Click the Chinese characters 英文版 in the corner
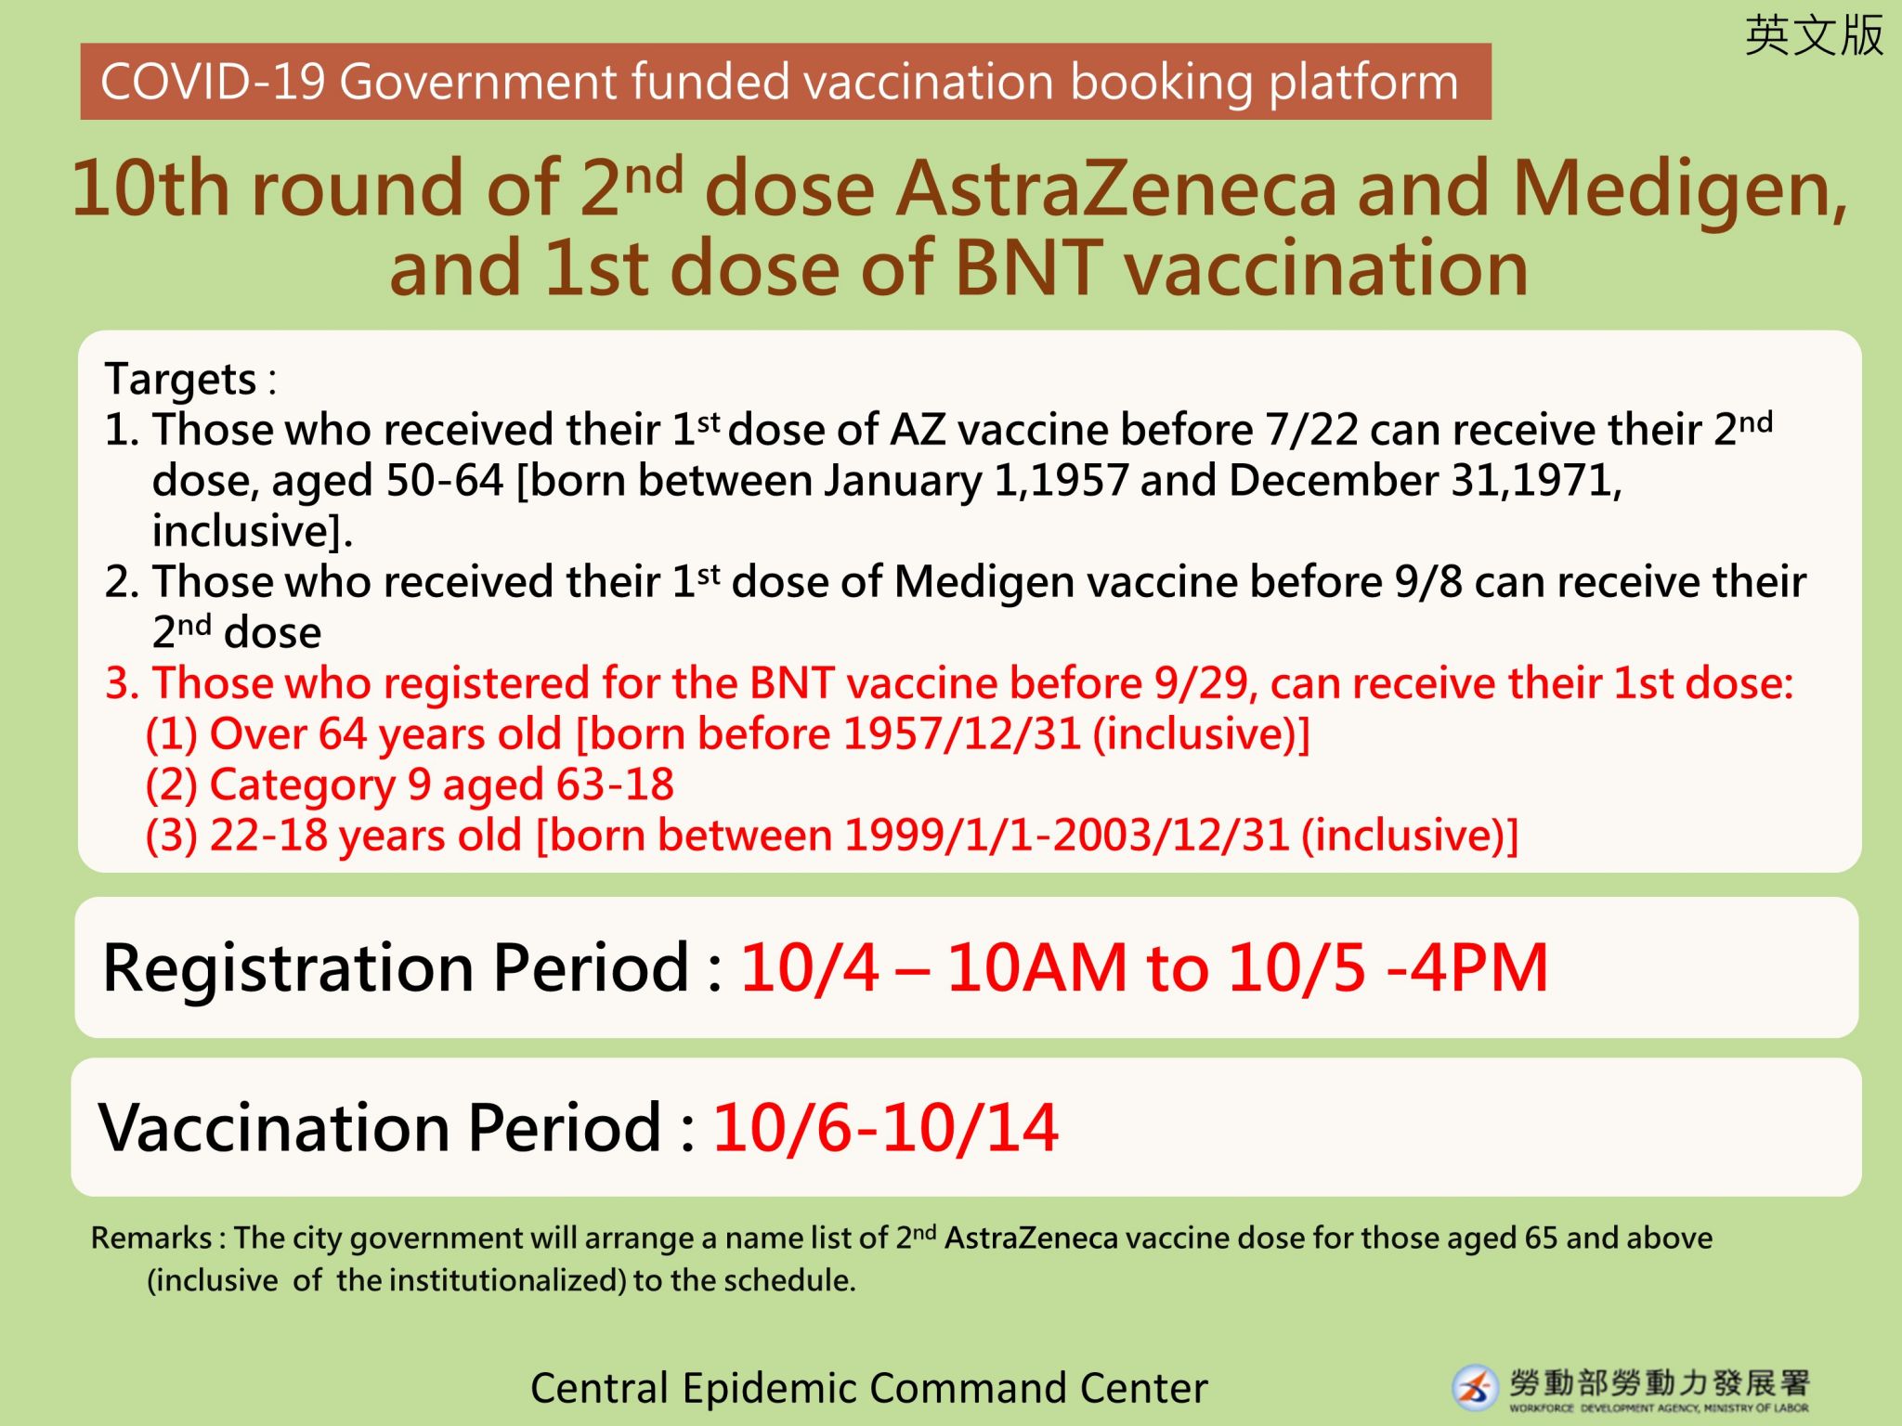point(1814,36)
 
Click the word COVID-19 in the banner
point(213,82)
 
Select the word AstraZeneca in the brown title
point(1116,188)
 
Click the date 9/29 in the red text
point(1205,683)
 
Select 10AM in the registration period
point(1036,968)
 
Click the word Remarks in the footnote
point(151,1238)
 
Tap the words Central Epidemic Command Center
point(869,1389)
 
